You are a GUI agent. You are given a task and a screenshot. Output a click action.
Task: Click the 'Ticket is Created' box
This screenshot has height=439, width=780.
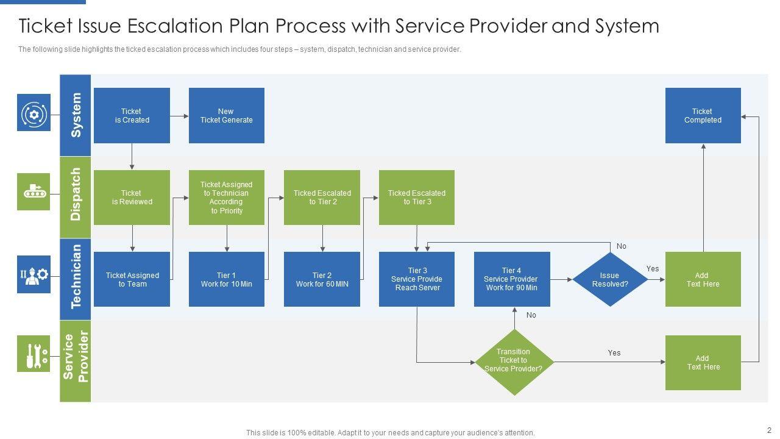tap(132, 115)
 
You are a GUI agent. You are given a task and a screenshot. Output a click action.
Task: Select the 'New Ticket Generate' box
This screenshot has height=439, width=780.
tap(226, 115)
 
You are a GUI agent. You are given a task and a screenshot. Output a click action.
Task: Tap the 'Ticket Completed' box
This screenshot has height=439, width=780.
tap(703, 115)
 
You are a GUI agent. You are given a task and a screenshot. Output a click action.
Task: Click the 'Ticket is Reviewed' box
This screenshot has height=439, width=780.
tap(132, 197)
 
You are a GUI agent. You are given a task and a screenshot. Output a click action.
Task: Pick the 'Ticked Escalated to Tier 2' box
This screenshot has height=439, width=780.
tap(322, 197)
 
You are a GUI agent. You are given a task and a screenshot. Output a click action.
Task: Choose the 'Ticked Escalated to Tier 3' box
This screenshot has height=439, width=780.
tap(416, 197)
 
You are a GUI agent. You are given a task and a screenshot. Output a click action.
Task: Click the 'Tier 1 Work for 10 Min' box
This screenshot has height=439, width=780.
tap(226, 279)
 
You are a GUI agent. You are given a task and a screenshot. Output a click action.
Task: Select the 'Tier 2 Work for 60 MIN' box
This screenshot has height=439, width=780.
tap(322, 279)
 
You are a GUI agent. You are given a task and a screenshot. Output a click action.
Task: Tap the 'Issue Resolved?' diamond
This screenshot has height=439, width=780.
tap(610, 279)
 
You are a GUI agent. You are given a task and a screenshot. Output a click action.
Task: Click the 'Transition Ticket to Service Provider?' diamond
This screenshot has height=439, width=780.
tap(514, 362)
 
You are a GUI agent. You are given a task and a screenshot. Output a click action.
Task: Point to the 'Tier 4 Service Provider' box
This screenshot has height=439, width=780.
tap(512, 279)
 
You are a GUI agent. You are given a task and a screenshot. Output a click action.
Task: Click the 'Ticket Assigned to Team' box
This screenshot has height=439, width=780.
tap(132, 279)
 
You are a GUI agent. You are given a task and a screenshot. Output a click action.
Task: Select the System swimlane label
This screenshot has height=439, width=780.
tap(75, 115)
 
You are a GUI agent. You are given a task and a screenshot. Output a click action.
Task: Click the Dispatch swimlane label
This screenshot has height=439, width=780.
tap(75, 197)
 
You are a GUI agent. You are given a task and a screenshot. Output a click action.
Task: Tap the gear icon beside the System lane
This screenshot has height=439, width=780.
tap(34, 113)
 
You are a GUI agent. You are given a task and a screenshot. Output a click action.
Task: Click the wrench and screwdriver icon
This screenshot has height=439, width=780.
tap(34, 354)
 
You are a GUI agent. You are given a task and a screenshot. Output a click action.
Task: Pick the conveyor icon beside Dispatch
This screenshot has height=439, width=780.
tap(34, 191)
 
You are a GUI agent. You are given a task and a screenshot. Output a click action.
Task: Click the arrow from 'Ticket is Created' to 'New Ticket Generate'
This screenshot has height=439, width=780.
tap(179, 116)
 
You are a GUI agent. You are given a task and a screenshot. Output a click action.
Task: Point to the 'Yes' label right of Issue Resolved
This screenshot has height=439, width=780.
tap(653, 269)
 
